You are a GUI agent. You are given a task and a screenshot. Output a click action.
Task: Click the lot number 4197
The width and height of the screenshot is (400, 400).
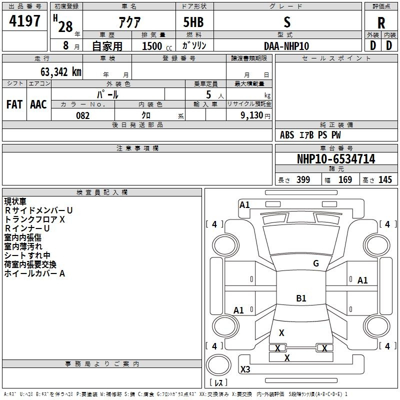(x=25, y=22)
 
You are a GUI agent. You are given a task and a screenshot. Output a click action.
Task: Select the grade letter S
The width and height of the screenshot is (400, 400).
(x=286, y=22)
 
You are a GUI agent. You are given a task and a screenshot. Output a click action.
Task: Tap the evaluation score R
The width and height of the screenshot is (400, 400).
(x=381, y=23)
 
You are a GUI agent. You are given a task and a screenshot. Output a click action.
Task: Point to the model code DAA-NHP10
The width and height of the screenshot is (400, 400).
(x=286, y=45)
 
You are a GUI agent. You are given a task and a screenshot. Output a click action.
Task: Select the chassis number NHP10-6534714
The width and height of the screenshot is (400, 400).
(x=336, y=159)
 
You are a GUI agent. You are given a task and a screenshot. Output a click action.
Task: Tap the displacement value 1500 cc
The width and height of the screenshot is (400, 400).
(x=152, y=46)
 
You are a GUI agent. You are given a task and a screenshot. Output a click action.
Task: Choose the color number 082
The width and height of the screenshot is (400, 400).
(x=82, y=115)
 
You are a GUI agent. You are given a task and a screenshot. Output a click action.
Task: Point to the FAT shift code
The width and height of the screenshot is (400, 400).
(x=14, y=104)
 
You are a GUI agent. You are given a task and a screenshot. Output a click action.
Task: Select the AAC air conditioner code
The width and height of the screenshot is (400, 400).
(x=38, y=104)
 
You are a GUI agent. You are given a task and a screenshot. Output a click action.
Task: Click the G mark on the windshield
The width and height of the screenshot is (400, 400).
(x=316, y=263)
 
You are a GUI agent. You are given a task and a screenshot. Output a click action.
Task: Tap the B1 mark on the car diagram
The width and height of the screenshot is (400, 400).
(x=301, y=298)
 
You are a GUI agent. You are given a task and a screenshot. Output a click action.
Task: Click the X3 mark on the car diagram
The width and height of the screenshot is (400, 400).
(x=245, y=369)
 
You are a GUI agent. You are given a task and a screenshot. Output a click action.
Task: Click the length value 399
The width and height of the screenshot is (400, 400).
(x=303, y=180)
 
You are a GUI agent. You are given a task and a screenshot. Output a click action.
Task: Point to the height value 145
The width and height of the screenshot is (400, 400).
(x=385, y=180)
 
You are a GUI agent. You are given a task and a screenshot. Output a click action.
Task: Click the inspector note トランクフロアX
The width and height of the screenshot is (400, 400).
(x=35, y=219)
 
